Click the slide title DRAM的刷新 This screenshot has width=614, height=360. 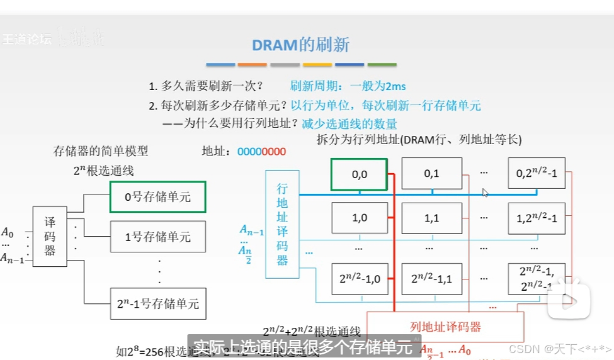click(x=300, y=45)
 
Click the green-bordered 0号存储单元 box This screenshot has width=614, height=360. click(x=157, y=197)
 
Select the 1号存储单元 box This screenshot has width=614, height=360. click(x=157, y=237)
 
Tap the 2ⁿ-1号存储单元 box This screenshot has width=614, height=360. click(x=157, y=303)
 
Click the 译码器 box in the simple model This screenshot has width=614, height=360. click(x=50, y=236)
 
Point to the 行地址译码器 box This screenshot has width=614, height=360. click(x=282, y=223)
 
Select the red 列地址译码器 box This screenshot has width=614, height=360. click(x=445, y=327)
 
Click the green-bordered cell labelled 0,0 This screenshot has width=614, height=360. click(x=359, y=174)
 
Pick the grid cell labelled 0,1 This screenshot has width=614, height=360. click(x=431, y=174)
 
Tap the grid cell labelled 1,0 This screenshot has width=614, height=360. click(x=359, y=218)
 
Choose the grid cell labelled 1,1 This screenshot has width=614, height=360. click(x=431, y=218)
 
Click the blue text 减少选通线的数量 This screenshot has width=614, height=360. click(x=350, y=124)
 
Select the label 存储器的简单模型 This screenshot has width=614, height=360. click(x=101, y=151)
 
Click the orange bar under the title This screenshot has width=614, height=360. click(x=253, y=65)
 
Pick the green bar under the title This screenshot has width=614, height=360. click(x=382, y=65)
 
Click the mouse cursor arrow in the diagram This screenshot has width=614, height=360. click(x=485, y=193)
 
